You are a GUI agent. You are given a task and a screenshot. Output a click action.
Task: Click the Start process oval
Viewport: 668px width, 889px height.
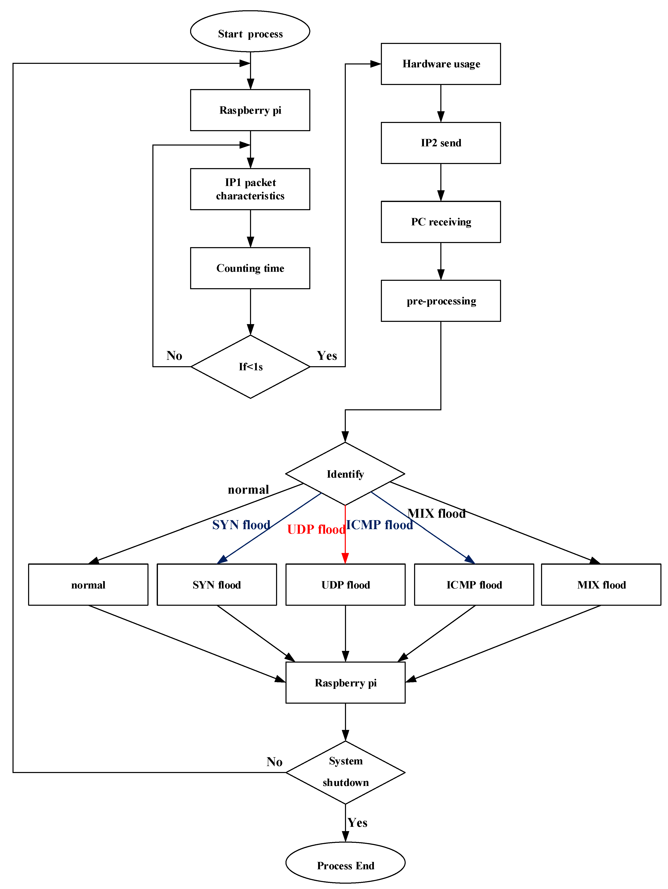250,31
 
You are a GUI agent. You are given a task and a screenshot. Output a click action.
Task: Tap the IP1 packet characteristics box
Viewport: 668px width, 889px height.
250,189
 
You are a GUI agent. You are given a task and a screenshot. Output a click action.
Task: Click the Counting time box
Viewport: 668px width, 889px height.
250,268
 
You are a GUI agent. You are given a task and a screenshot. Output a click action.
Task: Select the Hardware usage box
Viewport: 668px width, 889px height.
441,64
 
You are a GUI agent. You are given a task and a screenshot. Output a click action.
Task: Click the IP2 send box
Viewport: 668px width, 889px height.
441,143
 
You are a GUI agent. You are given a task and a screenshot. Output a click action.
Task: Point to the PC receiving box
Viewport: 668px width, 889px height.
441,222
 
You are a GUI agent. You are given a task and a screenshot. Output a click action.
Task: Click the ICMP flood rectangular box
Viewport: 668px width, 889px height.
474,585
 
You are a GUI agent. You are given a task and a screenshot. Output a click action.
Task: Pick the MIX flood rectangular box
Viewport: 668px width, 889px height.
601,585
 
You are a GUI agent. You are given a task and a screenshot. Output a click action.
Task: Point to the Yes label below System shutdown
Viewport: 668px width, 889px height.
357,822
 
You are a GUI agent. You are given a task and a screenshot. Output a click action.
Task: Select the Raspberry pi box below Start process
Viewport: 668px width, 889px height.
250,110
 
